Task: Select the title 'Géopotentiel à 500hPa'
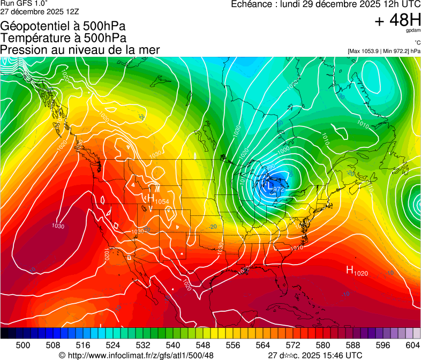pyautogui.click(x=63, y=26)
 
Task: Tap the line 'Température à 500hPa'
pyautogui.click(x=63, y=38)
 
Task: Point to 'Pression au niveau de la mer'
pyautogui.click(x=80, y=50)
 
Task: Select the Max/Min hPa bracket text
pyautogui.click(x=384, y=51)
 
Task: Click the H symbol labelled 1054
pyautogui.click(x=151, y=199)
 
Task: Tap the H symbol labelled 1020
pyautogui.click(x=350, y=271)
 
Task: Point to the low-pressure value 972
pyautogui.click(x=277, y=189)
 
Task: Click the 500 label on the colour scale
pyautogui.click(x=23, y=345)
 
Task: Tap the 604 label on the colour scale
pyautogui.click(x=412, y=345)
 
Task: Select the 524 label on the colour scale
pyautogui.click(x=113, y=345)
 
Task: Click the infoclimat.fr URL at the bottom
pyautogui.click(x=140, y=355)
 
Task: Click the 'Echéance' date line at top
pyautogui.click(x=325, y=4)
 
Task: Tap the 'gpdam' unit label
pyautogui.click(x=414, y=31)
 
